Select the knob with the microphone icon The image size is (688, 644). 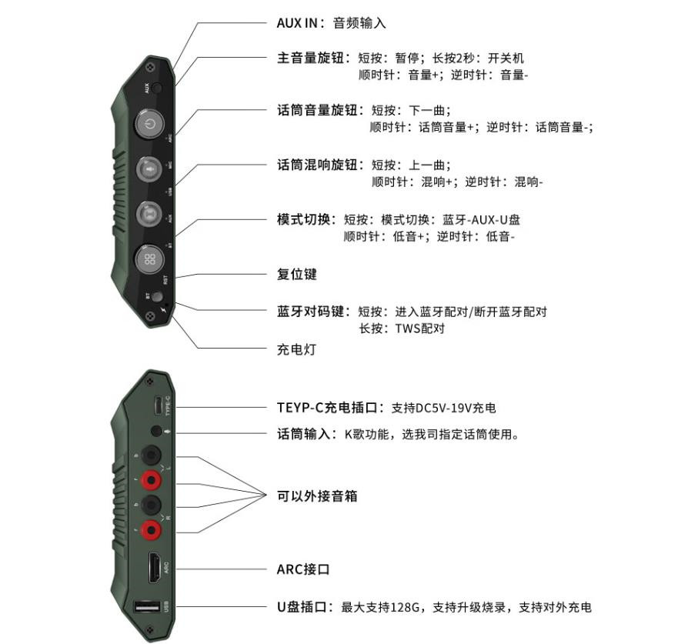150,168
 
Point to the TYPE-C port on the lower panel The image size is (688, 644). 157,406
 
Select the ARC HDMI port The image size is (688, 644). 155,569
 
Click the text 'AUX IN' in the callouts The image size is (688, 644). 296,23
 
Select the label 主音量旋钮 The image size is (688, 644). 312,58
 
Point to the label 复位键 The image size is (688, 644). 297,275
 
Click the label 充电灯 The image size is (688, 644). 297,349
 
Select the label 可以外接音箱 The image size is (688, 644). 317,496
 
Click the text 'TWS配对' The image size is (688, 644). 420,329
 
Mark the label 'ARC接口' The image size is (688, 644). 303,569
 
